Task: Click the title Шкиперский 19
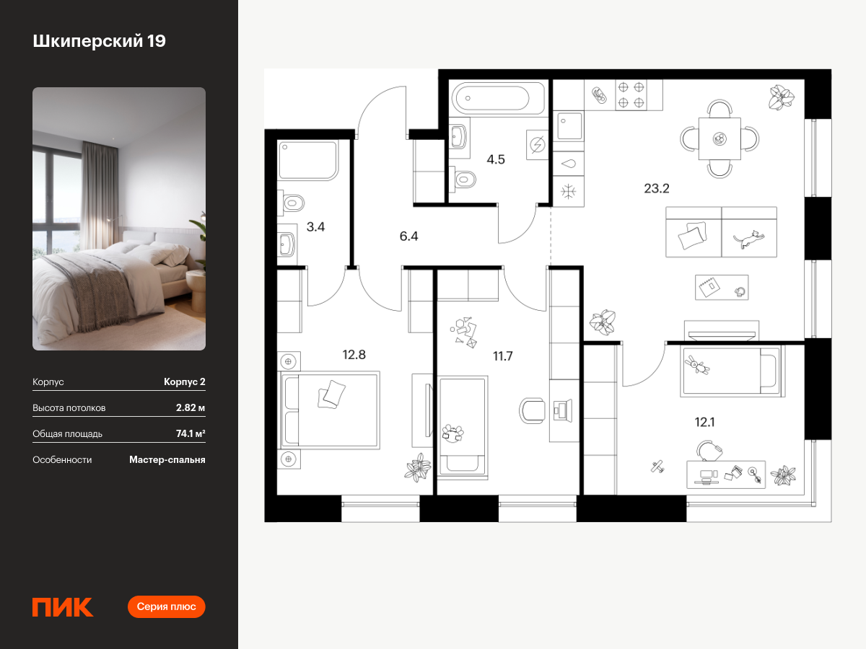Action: tap(99, 41)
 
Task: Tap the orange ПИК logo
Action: tap(63, 607)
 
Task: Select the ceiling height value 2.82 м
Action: tap(191, 407)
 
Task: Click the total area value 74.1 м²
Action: tap(191, 433)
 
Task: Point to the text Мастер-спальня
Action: tap(167, 460)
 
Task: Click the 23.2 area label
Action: tap(657, 188)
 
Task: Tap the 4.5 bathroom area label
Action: tap(496, 159)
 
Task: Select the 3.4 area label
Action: tap(315, 226)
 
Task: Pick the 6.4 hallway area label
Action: tap(408, 236)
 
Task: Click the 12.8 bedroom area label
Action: tap(354, 355)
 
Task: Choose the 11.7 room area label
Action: tap(502, 356)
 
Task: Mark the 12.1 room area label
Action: tap(704, 423)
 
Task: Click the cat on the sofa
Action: tap(749, 239)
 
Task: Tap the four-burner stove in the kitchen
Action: tap(631, 95)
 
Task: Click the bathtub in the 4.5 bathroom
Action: tap(498, 98)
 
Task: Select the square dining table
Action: tap(720, 138)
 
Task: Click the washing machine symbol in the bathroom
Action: tap(538, 145)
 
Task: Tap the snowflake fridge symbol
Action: tap(568, 192)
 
